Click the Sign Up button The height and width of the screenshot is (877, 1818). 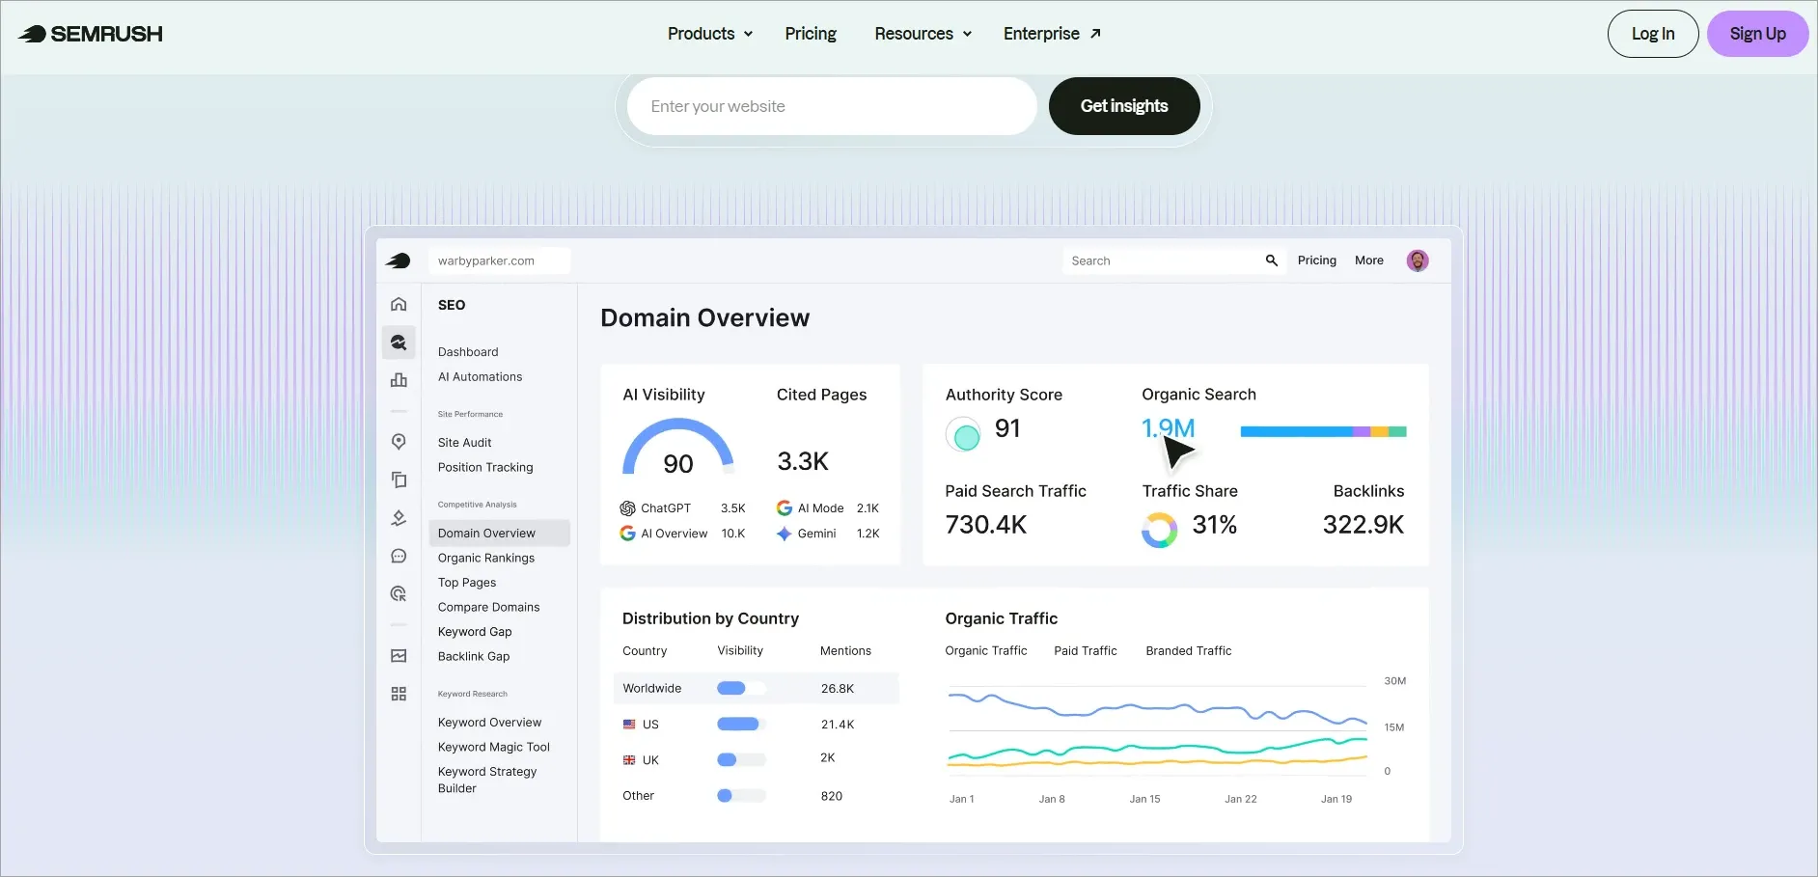point(1757,34)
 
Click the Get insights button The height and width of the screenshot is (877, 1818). point(1124,106)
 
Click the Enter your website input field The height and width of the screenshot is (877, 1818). point(832,106)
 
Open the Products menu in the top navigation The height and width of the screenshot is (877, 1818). point(710,34)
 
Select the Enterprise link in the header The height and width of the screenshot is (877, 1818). point(1052,34)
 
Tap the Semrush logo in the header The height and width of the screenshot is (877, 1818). point(91,34)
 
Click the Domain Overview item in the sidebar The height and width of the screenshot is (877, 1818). point(486,533)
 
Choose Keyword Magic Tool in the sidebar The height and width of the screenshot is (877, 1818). point(494,747)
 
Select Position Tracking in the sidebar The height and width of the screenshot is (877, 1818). point(485,467)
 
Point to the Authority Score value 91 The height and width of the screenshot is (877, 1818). point(1007,428)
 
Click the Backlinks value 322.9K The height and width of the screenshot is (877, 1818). point(1363,525)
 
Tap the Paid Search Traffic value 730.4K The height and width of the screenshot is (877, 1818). point(986,525)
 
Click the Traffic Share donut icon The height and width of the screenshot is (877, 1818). point(1159,530)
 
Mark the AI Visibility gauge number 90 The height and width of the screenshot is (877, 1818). point(678,464)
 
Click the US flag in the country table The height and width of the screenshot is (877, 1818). point(629,724)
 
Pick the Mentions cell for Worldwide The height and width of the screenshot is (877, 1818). point(838,689)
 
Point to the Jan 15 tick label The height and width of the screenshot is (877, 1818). point(1145,799)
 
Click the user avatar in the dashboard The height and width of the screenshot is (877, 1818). point(1418,260)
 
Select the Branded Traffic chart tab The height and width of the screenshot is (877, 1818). point(1189,651)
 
